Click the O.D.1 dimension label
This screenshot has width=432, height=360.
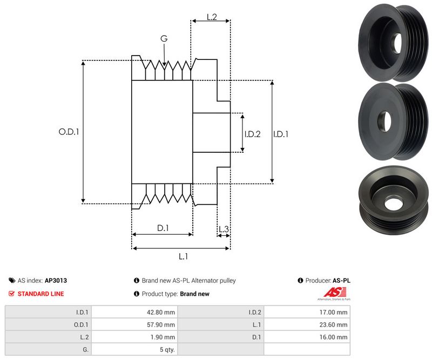[x=69, y=131]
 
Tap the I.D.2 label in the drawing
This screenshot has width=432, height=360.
[x=252, y=134]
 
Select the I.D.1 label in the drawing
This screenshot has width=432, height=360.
[x=280, y=134]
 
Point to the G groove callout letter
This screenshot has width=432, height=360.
[x=164, y=39]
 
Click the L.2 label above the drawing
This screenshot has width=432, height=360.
[x=211, y=17]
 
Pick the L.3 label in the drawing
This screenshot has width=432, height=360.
[x=224, y=229]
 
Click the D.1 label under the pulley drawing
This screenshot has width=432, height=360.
[x=163, y=228]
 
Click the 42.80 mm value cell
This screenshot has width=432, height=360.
[x=161, y=312]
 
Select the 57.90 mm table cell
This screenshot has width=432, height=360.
[x=161, y=324]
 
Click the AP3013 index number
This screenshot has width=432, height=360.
[x=56, y=281]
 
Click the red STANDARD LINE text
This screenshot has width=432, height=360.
[x=40, y=294]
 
